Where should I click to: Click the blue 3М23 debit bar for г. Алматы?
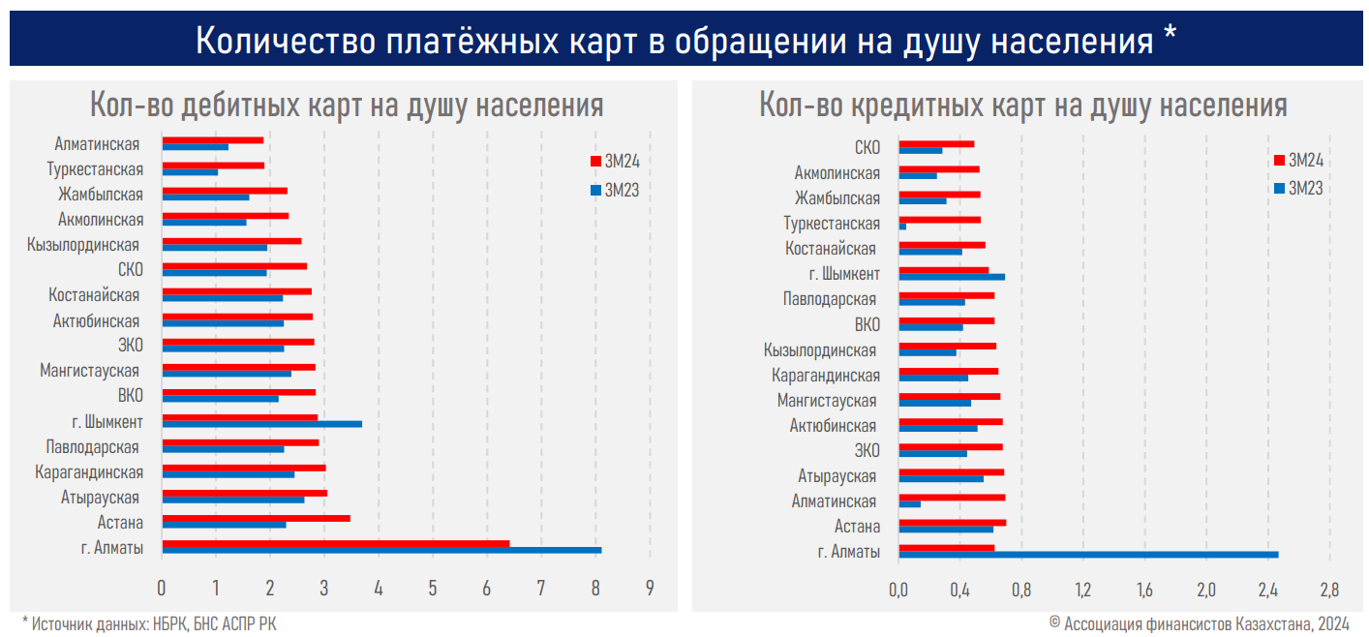[381, 550]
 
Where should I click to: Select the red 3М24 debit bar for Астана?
[256, 518]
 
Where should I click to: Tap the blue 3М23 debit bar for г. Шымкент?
[261, 424]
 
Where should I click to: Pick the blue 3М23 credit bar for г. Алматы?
[1088, 555]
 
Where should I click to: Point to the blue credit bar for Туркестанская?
[903, 227]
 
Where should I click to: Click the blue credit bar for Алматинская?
[910, 504]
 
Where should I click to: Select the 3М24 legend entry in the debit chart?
[615, 161]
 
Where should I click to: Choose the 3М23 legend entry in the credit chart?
[1297, 188]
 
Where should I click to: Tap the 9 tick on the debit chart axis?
[650, 587]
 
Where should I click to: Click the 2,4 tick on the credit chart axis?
[1267, 589]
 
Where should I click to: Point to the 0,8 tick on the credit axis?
[1021, 589]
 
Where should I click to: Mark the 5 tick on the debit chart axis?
[433, 587]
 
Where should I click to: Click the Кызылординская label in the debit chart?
[83, 245]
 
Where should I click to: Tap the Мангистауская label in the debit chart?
[90, 371]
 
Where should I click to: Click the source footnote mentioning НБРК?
[149, 624]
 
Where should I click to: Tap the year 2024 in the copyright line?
[1332, 624]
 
